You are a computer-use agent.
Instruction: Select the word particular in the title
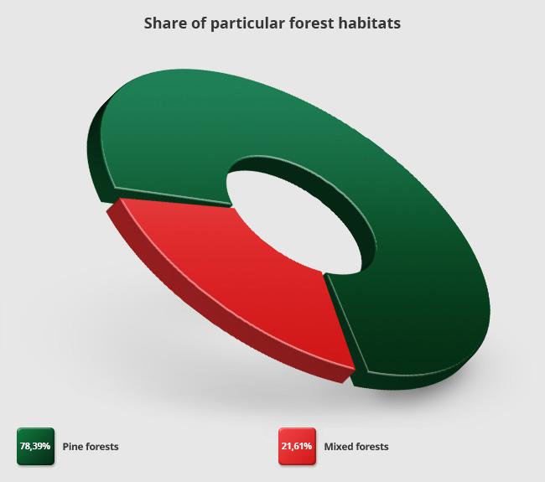[x=247, y=24]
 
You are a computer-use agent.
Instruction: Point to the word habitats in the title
[x=369, y=23]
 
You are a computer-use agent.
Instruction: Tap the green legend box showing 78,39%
[x=35, y=446]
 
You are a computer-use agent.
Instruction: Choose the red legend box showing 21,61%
[x=297, y=446]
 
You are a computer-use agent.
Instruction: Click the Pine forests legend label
[x=91, y=447]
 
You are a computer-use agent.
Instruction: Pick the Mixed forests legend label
[x=356, y=447]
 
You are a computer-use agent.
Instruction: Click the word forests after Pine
[x=101, y=447]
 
